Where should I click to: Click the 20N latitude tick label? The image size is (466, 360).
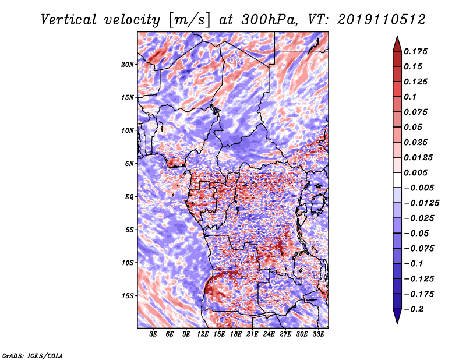coord(128,65)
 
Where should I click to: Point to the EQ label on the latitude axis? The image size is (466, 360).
coord(129,197)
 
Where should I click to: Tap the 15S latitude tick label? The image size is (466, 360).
coord(128,296)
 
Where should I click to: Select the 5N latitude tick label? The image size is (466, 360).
coord(129,164)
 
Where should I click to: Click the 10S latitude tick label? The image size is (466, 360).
coord(128,263)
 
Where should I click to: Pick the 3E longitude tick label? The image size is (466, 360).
coord(153,334)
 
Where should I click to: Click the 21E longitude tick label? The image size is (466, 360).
coord(252,334)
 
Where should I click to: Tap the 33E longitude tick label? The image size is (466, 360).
coord(318,334)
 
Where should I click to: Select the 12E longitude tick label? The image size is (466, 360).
coord(203,334)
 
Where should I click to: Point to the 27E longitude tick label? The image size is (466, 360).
coord(285,334)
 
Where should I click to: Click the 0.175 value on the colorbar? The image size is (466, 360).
coord(415,51)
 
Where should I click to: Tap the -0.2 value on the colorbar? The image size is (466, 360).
coord(414,309)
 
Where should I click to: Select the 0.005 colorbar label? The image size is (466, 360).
coord(415,172)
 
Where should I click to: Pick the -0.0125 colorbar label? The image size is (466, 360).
coord(421,203)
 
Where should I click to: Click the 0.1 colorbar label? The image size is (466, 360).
coord(410,97)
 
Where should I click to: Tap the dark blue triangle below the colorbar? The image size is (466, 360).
coord(397,315)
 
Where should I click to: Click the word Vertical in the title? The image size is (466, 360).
coord(69,20)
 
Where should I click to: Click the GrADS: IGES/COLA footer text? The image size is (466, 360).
coord(33,355)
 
